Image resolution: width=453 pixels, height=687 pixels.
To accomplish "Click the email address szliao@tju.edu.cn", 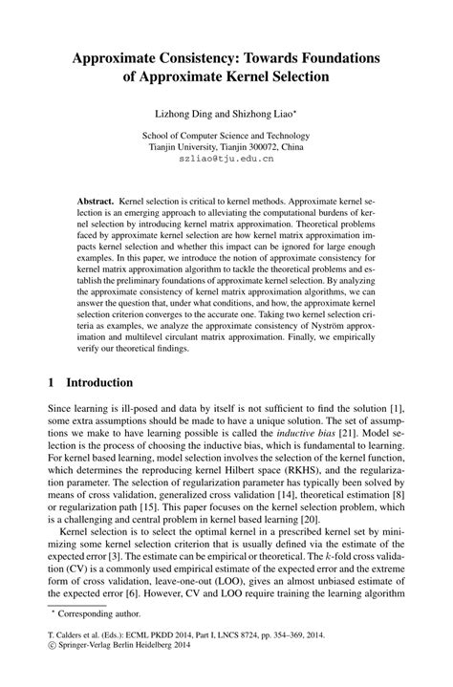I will coord(226,161).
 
